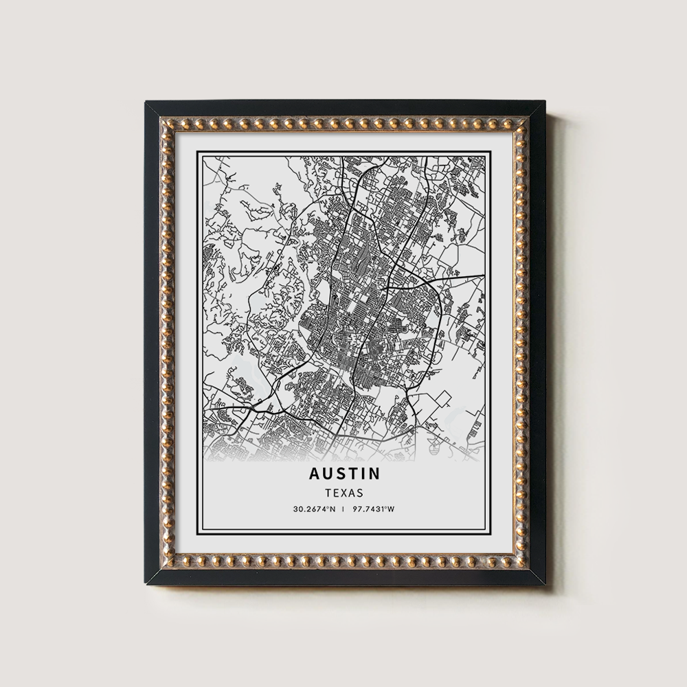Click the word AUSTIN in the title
pos(344,473)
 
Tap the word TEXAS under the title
pos(344,493)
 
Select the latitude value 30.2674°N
pos(315,509)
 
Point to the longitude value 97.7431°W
pos(374,509)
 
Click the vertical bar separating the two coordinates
pos(344,509)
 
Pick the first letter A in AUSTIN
pos(314,473)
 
